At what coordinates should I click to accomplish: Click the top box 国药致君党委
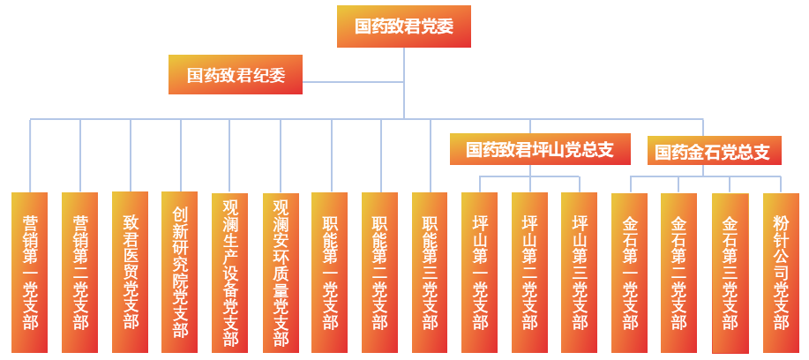[x=404, y=26]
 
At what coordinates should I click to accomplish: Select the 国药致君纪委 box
[x=236, y=75]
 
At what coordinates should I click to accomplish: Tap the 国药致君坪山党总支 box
[x=539, y=149]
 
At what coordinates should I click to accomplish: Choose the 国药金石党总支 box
[x=712, y=152]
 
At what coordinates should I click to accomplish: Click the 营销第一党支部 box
[x=30, y=272]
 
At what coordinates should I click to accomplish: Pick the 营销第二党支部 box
[x=80, y=272]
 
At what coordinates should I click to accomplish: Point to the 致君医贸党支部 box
[x=131, y=272]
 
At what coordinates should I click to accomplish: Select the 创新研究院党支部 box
[x=180, y=272]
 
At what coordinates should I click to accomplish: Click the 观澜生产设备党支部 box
[x=230, y=272]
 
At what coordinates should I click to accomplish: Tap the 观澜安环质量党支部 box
[x=281, y=272]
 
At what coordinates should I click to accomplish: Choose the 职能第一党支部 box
[x=330, y=272]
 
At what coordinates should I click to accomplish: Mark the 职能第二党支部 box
[x=380, y=272]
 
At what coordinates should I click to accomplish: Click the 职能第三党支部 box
[x=431, y=272]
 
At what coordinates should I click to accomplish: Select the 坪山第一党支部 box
[x=480, y=272]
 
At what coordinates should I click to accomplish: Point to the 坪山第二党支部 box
[x=529, y=272]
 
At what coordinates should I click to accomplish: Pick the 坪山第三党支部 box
[x=580, y=272]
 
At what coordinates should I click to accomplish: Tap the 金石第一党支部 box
[x=630, y=272]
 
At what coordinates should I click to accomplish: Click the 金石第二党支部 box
[x=679, y=272]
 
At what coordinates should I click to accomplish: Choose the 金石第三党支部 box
[x=730, y=272]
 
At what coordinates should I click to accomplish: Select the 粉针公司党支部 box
[x=781, y=272]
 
